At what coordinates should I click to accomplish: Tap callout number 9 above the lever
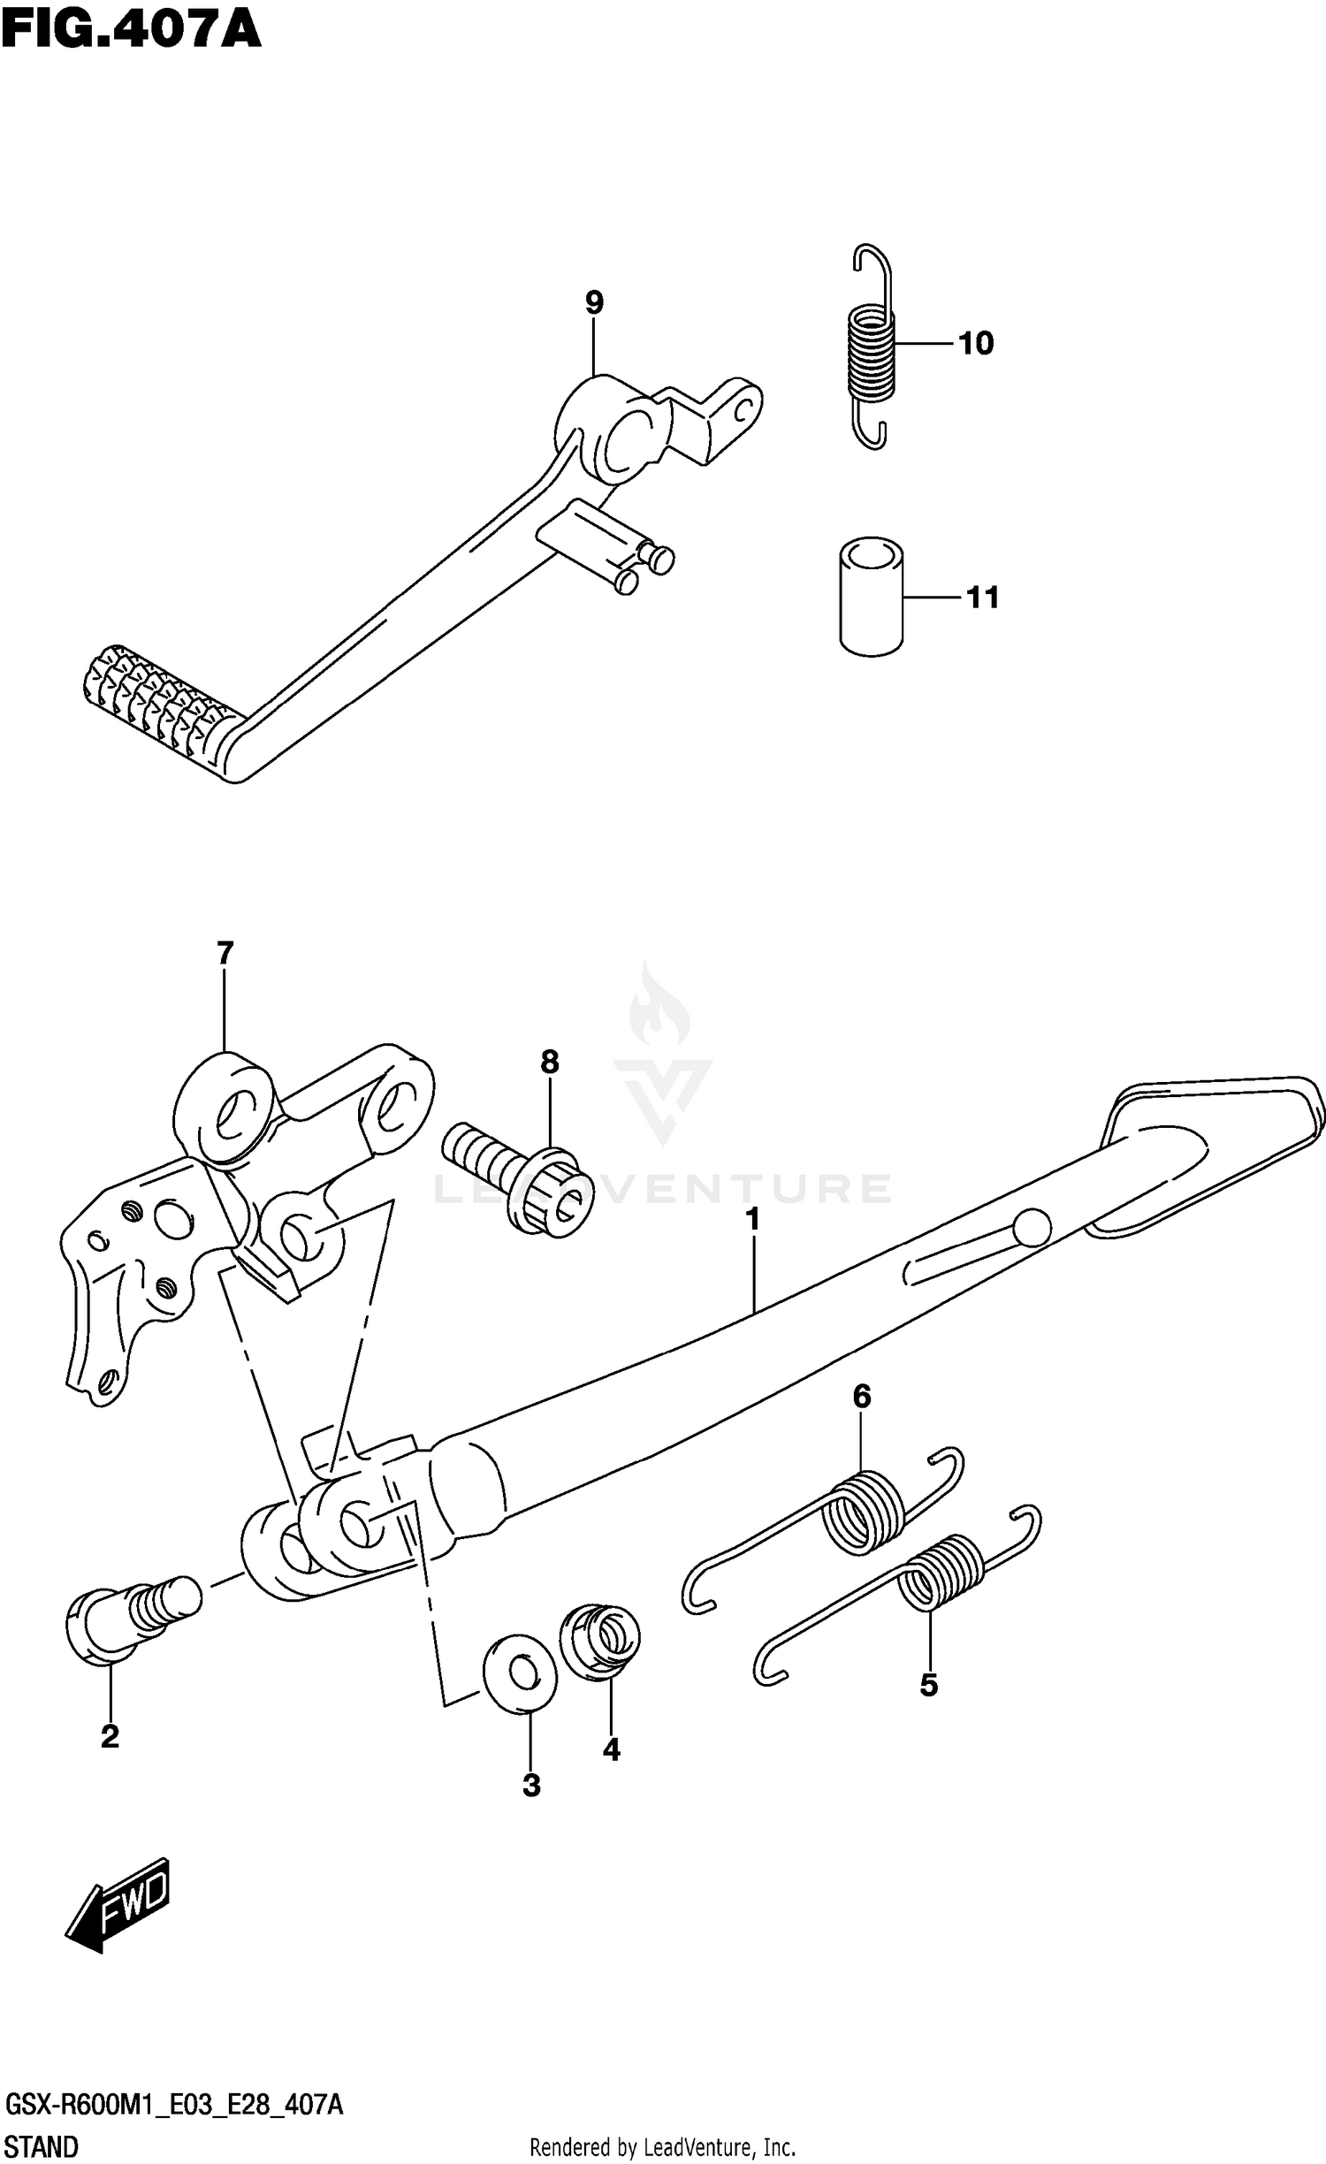(594, 303)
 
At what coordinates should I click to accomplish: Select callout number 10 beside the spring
(976, 343)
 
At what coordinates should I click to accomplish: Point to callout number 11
(982, 598)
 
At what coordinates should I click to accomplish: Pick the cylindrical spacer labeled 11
(872, 596)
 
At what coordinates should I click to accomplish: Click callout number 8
(549, 1061)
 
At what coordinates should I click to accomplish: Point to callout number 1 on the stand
(752, 1221)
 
